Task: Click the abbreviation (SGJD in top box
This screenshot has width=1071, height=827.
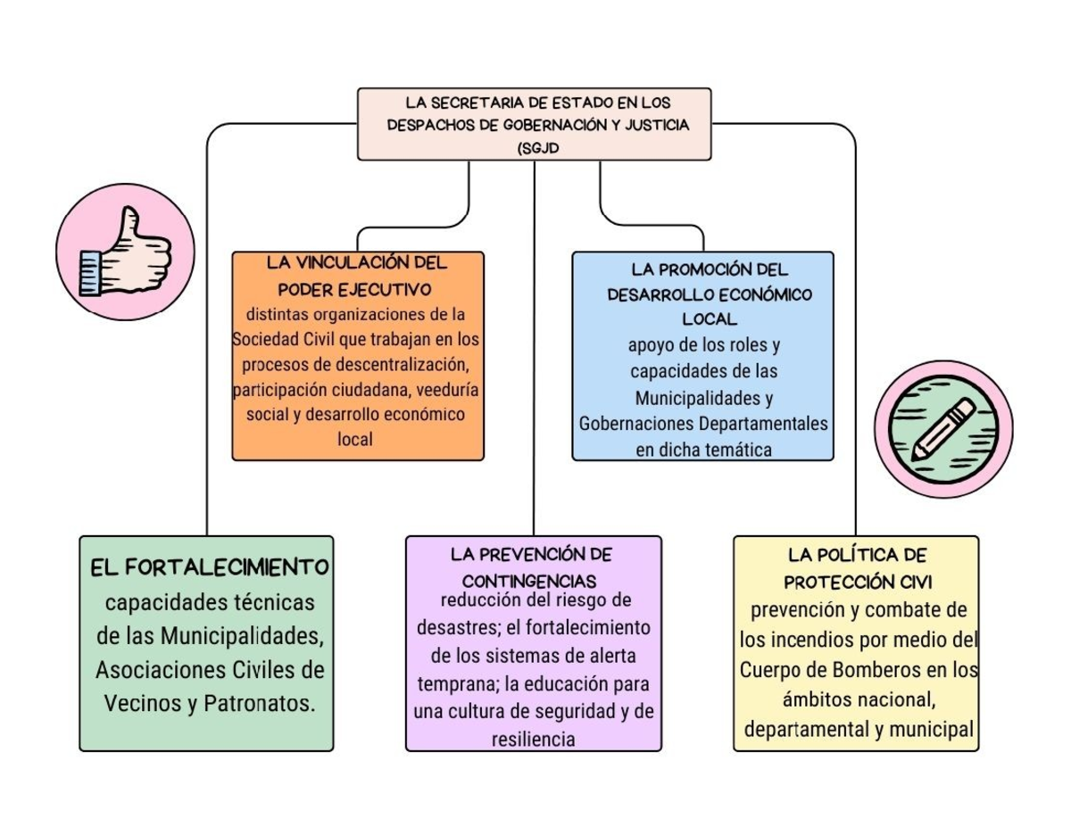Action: click(x=536, y=148)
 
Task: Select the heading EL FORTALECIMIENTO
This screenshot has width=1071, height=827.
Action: click(x=210, y=566)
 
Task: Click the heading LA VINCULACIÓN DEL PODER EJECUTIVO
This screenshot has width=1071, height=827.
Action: click(x=356, y=276)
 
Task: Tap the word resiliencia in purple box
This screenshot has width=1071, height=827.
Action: click(x=533, y=740)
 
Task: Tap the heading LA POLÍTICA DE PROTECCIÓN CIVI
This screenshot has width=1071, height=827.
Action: click(x=858, y=568)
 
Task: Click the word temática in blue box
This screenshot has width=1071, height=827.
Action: click(x=736, y=450)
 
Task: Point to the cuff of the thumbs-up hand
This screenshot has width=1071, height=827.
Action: click(x=91, y=273)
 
